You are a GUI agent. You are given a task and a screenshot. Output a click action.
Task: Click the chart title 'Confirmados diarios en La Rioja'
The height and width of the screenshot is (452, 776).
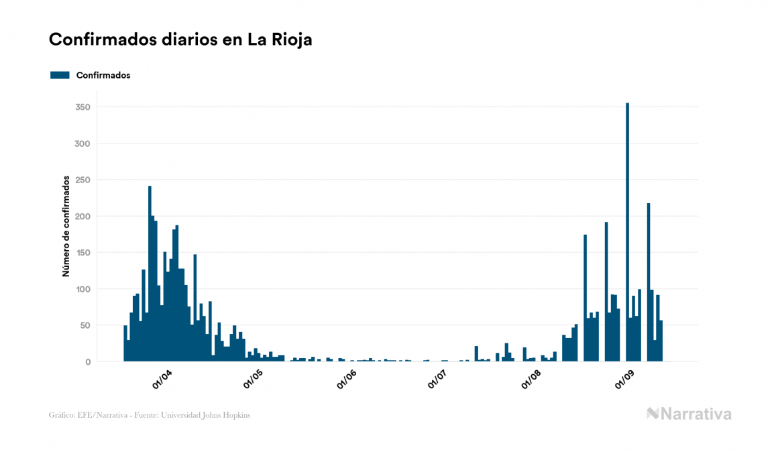[180, 40]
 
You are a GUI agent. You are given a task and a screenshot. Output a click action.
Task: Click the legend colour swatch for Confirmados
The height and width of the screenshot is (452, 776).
[60, 75]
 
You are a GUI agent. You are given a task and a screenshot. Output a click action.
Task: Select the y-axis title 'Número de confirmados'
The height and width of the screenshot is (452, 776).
[66, 226]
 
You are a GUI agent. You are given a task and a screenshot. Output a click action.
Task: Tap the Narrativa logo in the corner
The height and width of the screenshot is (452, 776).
[689, 414]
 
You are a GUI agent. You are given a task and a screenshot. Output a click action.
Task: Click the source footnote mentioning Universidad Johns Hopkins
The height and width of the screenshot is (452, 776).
[150, 415]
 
